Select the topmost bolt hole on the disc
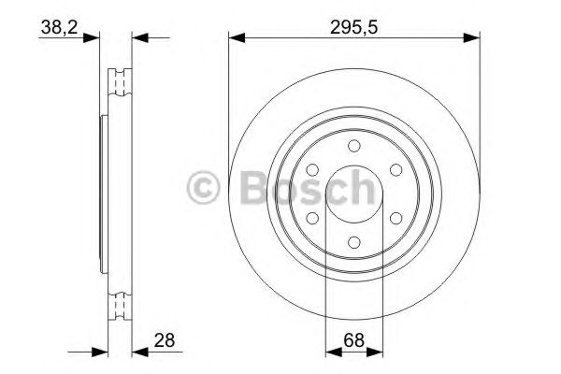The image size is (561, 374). [353, 145]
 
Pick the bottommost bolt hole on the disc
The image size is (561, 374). [353, 242]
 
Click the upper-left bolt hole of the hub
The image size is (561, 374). [311, 169]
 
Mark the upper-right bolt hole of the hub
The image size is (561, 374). [396, 169]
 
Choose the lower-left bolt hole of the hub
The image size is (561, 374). [311, 218]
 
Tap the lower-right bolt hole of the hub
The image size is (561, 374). [396, 218]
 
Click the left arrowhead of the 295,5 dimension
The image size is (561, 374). [237, 38]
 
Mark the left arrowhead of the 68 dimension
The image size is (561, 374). [331, 352]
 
